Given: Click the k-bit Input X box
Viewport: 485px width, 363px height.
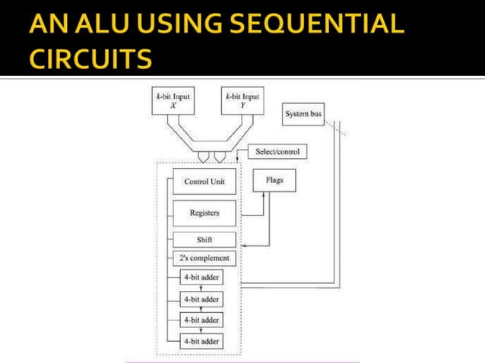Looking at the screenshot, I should [x=173, y=102].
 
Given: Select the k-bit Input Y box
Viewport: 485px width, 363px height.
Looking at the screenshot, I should [x=242, y=102].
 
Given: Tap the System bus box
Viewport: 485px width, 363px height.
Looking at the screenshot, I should [x=303, y=115].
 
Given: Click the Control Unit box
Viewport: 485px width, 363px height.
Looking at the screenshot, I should [x=204, y=182].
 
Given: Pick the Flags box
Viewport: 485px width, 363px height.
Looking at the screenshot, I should [x=274, y=181].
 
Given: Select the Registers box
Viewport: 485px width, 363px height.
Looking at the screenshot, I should [x=204, y=213].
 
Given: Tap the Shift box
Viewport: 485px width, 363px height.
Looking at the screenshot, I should [x=204, y=240].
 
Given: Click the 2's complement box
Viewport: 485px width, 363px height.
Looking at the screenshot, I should [x=204, y=258].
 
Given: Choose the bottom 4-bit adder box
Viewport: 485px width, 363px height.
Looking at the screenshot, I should [x=201, y=342].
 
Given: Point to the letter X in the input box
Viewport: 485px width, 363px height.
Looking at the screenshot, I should [x=172, y=106].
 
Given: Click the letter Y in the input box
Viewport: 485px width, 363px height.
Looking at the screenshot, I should [x=242, y=106].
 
